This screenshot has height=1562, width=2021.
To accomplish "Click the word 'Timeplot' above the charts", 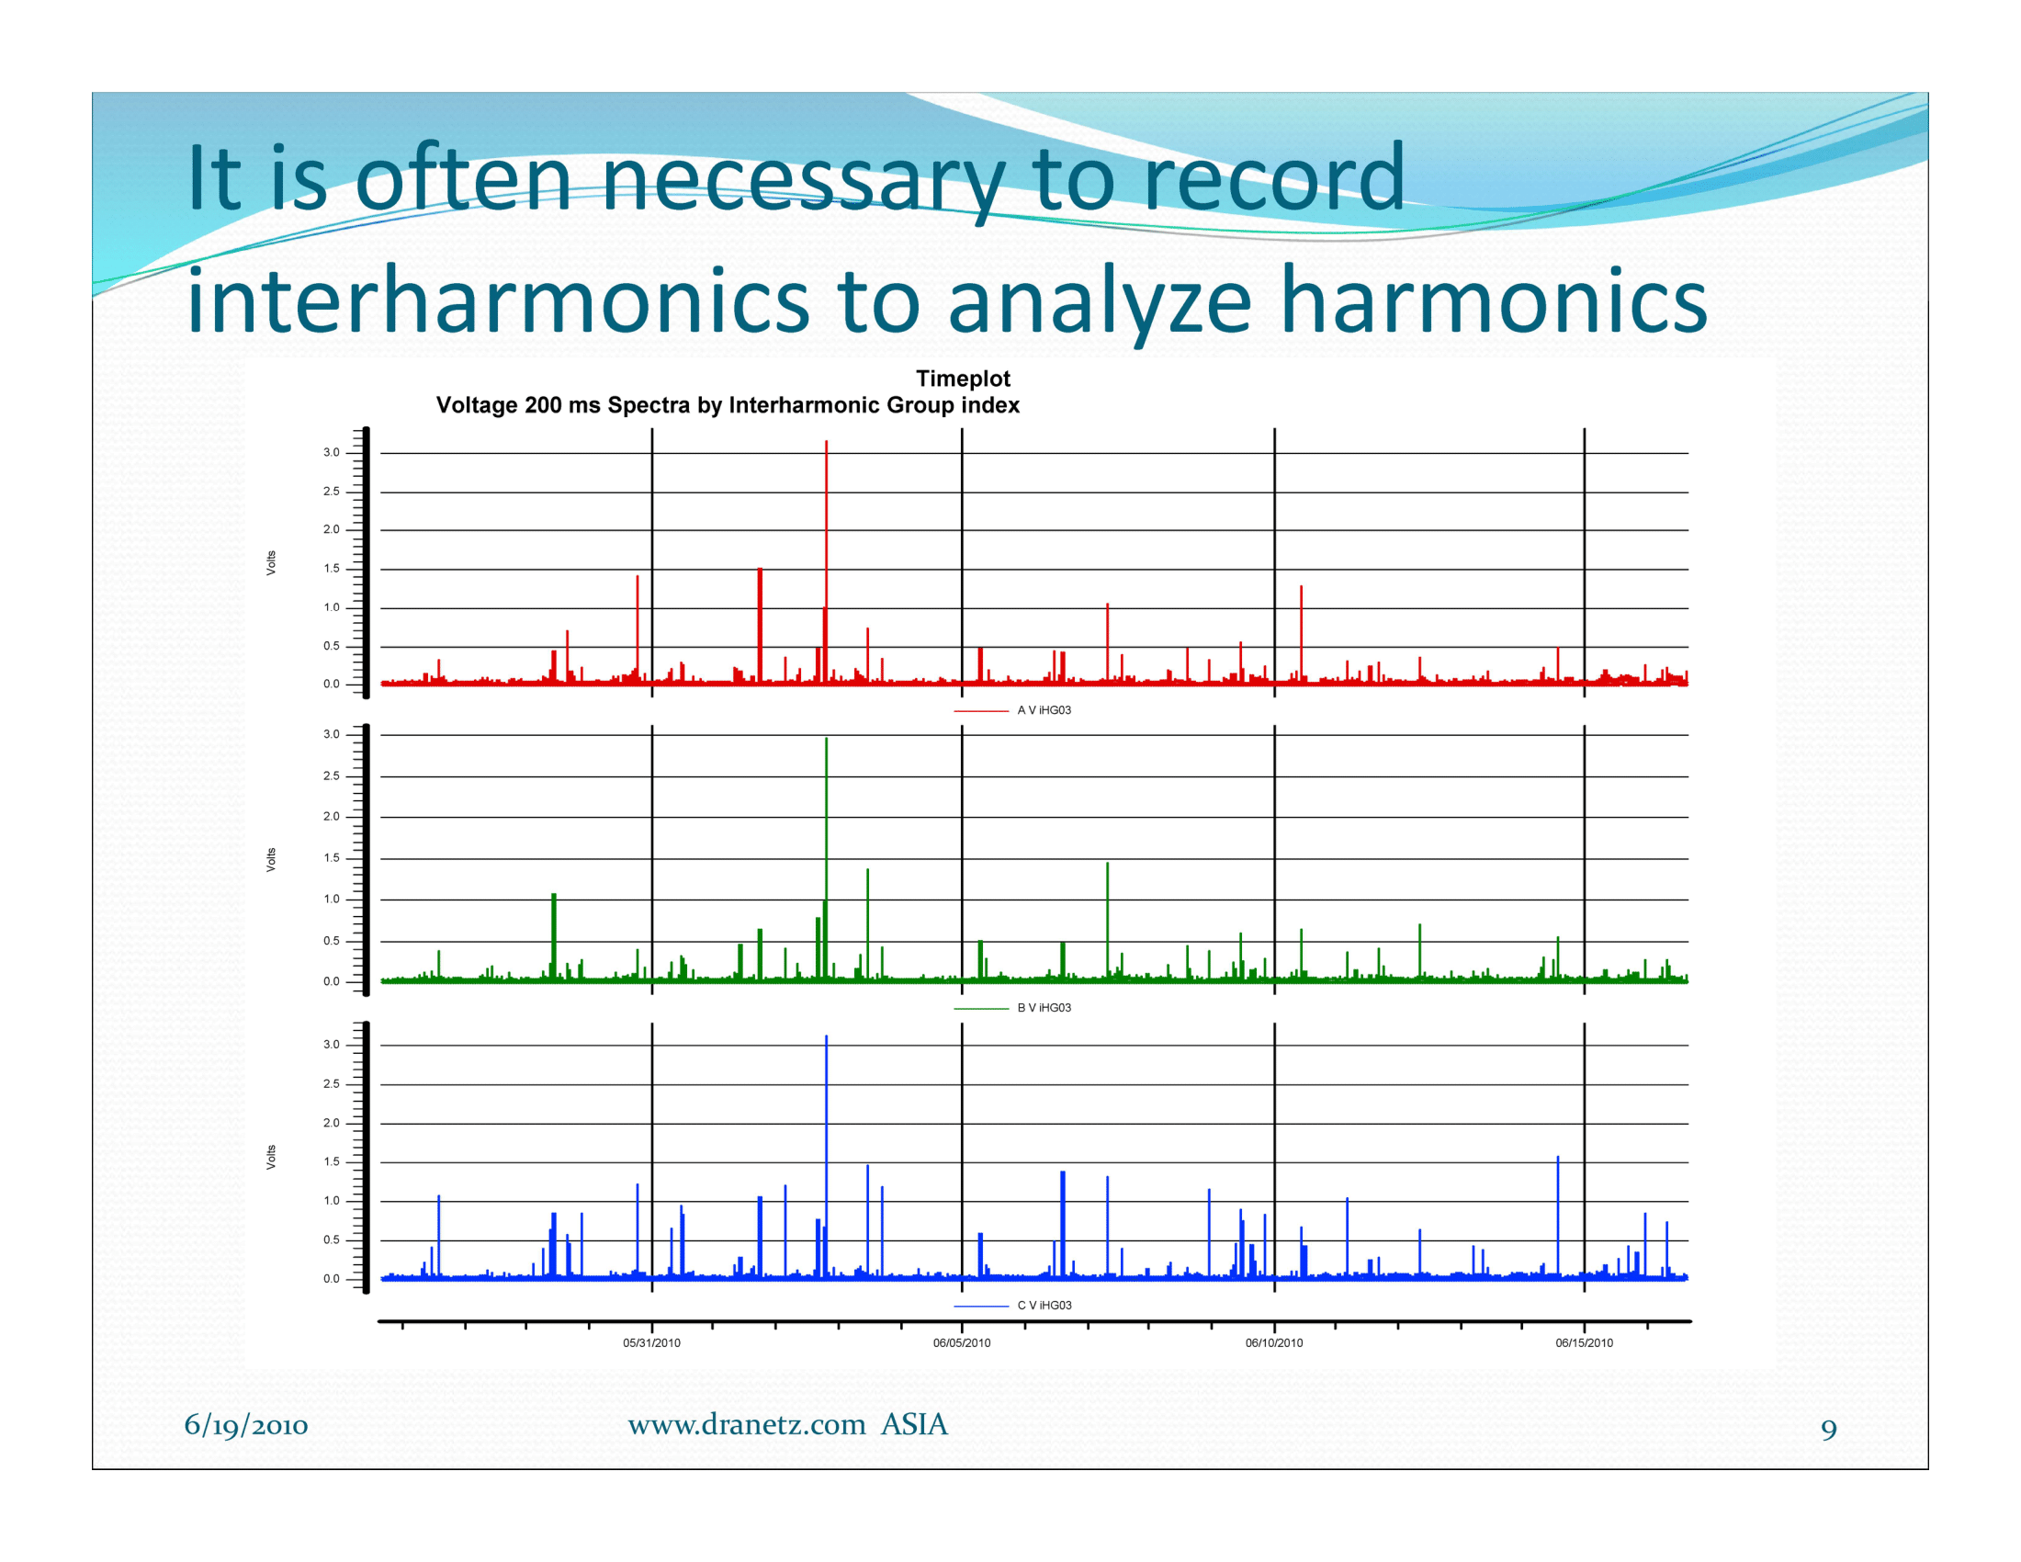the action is tap(963, 379).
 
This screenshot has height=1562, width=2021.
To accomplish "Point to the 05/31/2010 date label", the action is tap(651, 1342).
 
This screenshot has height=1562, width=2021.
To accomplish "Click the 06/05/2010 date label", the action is tap(962, 1342).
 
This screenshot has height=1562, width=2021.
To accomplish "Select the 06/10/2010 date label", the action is tap(1273, 1342).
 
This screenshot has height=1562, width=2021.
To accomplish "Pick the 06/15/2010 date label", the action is tap(1584, 1342).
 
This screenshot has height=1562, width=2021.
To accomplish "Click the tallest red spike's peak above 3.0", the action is tap(827, 442).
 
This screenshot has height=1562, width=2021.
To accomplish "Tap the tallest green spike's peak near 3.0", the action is tap(827, 740).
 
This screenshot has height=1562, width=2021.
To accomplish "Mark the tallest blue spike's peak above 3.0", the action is tap(827, 1037).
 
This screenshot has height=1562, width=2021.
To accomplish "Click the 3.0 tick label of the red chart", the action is tap(332, 452).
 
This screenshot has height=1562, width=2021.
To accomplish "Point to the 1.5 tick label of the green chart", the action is tap(332, 858).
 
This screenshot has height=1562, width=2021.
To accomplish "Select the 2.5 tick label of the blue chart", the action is tap(332, 1083).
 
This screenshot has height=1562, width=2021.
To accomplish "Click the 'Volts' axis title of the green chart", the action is tap(271, 860).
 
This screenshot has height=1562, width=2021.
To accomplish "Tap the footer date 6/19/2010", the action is tap(246, 1425).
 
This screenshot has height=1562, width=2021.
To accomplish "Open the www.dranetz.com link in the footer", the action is tap(747, 1425).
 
